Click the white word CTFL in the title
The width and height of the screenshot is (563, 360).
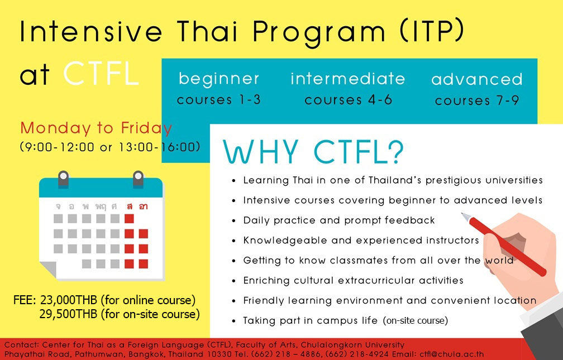pos(101,74)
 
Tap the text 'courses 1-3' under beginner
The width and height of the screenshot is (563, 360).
pos(219,99)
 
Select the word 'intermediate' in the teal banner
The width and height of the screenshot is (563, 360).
pos(347,79)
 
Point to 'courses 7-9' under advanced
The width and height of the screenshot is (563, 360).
pos(477,100)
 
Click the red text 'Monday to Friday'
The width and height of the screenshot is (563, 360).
pos(96,128)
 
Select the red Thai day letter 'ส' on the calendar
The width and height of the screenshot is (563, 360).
pos(129,207)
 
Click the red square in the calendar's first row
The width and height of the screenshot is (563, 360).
pos(129,219)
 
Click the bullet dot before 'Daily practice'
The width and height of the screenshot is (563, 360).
pos(233,221)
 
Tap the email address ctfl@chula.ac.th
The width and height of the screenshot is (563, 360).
pos(452,354)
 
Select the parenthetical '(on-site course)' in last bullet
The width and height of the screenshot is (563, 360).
pos(416,320)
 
